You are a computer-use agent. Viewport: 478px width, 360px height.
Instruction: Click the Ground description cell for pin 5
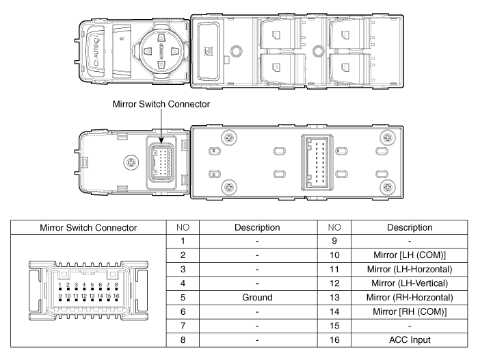pyautogui.click(x=257, y=298)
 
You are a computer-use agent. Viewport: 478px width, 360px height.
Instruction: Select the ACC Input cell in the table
pyautogui.click(x=410, y=340)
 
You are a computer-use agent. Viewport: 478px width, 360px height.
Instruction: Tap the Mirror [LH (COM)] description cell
pyautogui.click(x=410, y=255)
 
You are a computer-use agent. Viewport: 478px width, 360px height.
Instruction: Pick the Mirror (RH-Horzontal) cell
pyautogui.click(x=410, y=298)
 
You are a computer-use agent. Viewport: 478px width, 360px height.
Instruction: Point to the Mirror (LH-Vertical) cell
pyautogui.click(x=410, y=283)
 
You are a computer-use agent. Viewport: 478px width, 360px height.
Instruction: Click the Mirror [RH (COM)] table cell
pyautogui.click(x=410, y=312)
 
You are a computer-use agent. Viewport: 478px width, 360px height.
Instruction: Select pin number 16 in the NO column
pyautogui.click(x=334, y=340)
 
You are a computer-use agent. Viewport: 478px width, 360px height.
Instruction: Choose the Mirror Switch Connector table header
pyautogui.click(x=88, y=228)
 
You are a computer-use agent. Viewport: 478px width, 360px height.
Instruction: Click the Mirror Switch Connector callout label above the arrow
pyautogui.click(x=161, y=104)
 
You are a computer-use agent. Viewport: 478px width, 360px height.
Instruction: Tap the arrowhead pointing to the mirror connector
pyautogui.click(x=161, y=140)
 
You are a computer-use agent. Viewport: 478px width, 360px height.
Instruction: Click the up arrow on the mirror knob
pyautogui.click(x=161, y=38)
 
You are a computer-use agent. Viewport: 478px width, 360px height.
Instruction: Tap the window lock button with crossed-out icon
pyautogui.click(x=209, y=51)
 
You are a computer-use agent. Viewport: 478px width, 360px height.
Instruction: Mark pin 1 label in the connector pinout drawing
pyautogui.click(x=60, y=285)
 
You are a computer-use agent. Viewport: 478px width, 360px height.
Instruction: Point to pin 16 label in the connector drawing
pyautogui.click(x=116, y=296)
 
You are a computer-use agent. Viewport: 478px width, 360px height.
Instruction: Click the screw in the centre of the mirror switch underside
pyautogui.click(x=131, y=162)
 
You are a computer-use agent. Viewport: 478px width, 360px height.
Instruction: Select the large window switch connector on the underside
pyautogui.click(x=317, y=163)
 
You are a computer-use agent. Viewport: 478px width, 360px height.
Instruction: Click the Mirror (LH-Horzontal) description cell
pyautogui.click(x=410, y=270)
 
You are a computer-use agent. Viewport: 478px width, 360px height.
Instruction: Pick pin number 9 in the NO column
pyautogui.click(x=334, y=241)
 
